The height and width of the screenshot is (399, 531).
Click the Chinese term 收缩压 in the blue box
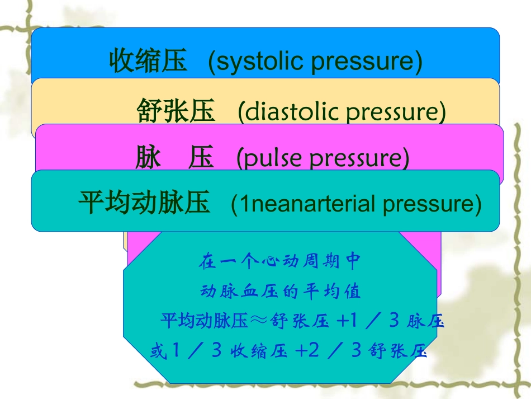(x=148, y=61)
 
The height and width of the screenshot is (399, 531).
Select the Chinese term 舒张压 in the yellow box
(x=176, y=111)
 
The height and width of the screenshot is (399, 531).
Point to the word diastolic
(x=287, y=112)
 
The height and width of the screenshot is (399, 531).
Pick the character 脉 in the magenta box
(x=148, y=158)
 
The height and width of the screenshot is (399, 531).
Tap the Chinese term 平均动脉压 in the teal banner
(x=144, y=203)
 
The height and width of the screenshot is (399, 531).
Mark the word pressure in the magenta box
(x=357, y=158)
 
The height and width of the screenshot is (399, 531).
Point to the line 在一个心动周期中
(x=281, y=261)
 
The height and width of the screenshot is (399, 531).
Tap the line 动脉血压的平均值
(x=281, y=292)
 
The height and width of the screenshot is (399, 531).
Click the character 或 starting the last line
(x=158, y=351)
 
